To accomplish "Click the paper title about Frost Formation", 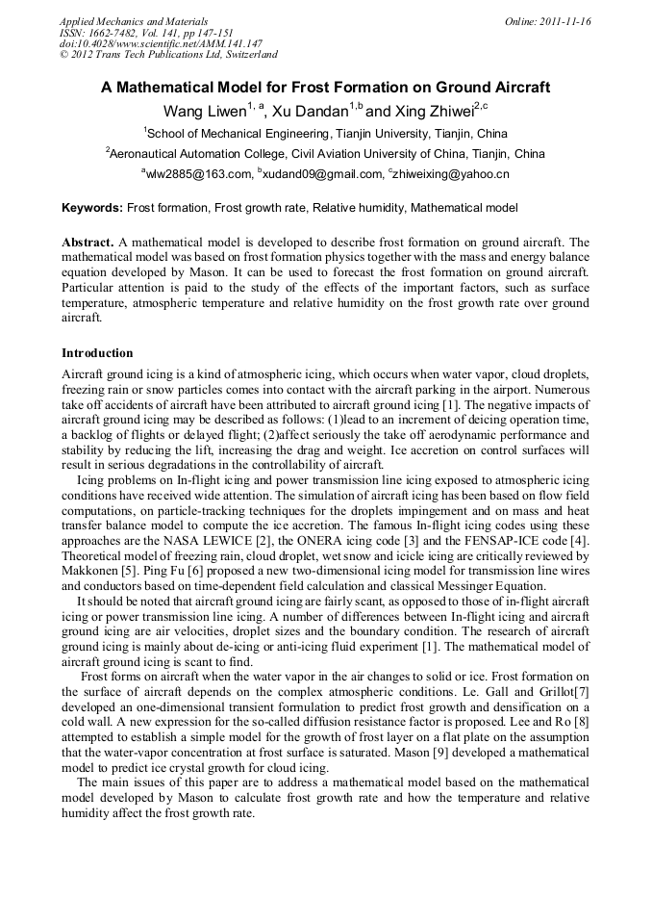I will (x=325, y=88).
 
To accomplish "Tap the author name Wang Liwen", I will (x=205, y=111).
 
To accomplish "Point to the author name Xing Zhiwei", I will (x=427, y=111).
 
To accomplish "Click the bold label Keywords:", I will (x=92, y=208).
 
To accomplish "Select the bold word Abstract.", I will (x=88, y=243).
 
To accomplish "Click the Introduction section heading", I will (x=97, y=353).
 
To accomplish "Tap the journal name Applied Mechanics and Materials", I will (x=134, y=21).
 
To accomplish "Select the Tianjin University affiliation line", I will (x=327, y=133).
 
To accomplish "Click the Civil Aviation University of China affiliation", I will (x=327, y=154).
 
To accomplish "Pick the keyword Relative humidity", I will (x=361, y=208).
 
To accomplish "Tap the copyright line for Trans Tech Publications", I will (x=169, y=55).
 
